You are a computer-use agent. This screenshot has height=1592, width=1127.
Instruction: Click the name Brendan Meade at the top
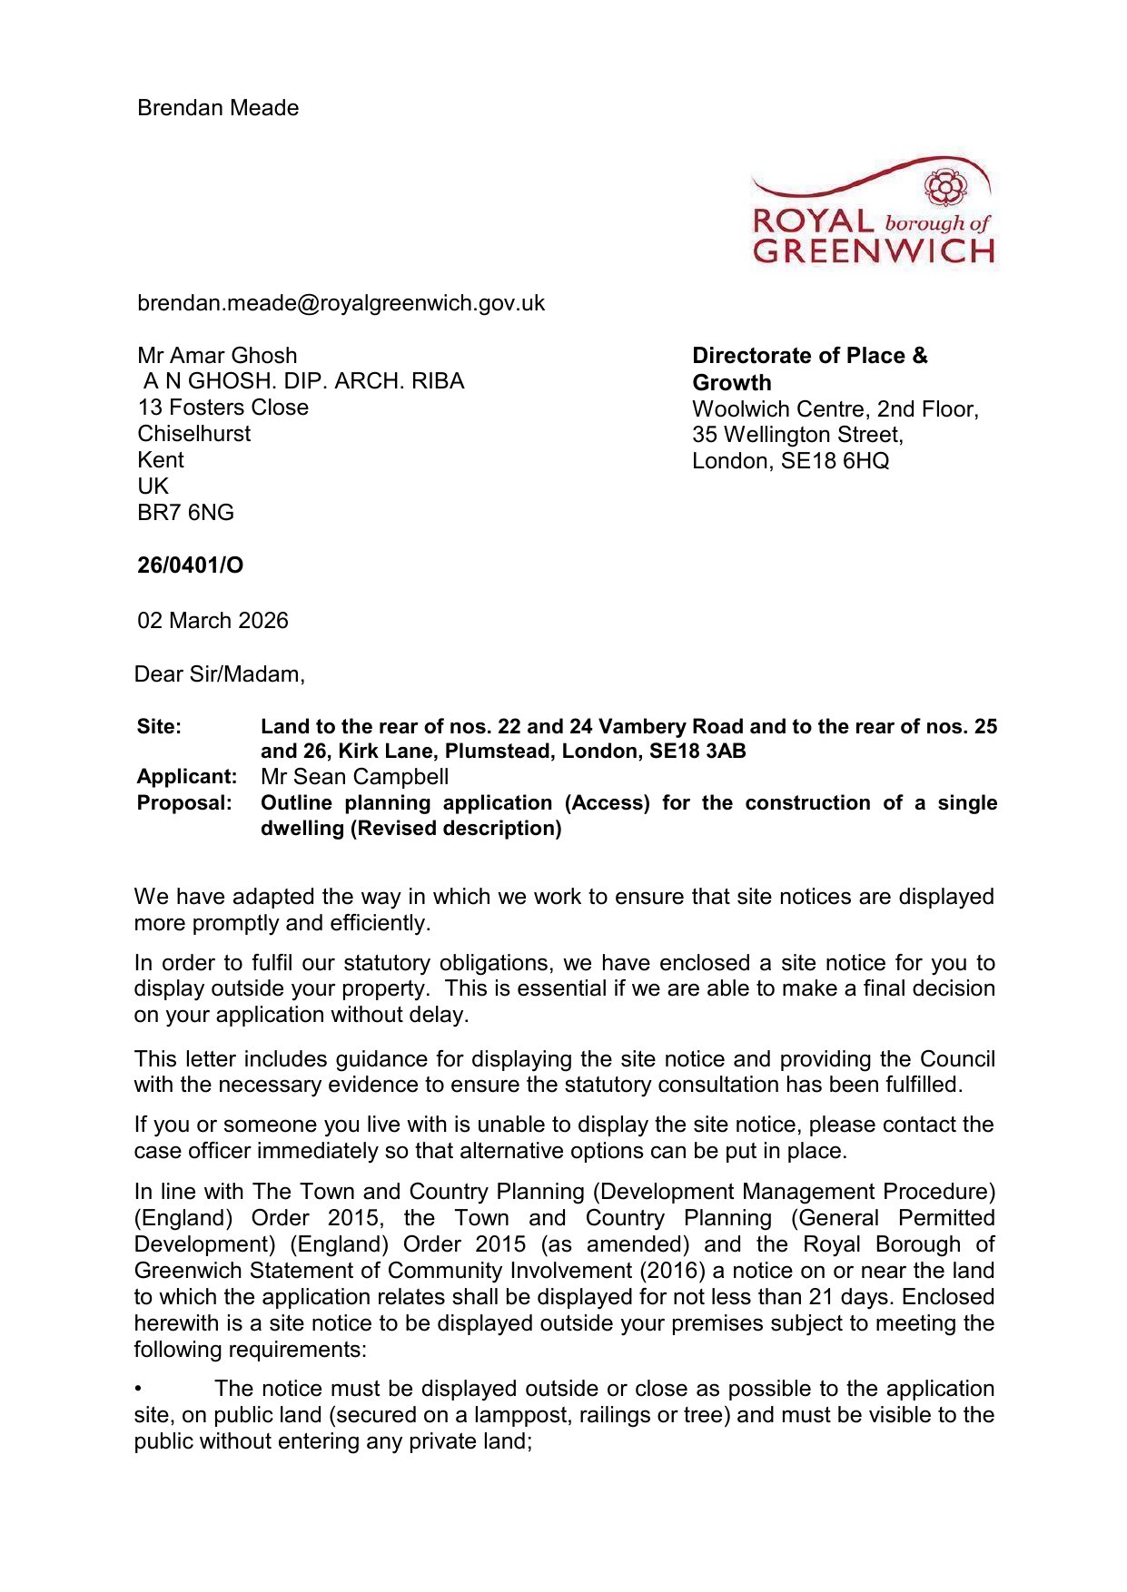[218, 108]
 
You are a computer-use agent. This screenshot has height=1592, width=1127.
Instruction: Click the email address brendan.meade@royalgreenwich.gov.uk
[341, 303]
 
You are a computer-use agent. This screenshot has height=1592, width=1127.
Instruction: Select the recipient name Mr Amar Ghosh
[217, 356]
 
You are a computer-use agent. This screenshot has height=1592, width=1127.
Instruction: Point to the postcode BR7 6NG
[185, 513]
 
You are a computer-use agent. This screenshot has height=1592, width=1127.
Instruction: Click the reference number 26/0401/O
[190, 565]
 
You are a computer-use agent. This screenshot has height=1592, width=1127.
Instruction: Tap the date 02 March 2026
[213, 621]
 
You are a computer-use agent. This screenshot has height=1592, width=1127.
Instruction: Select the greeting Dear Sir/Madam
[219, 674]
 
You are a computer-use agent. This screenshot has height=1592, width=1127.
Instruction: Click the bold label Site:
[159, 727]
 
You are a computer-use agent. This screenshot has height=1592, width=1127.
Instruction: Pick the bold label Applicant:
[186, 777]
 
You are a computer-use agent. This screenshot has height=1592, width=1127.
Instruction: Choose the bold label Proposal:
[184, 803]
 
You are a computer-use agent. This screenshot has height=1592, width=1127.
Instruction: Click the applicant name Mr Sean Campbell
[354, 777]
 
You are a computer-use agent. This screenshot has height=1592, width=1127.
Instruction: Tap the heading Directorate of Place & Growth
[809, 369]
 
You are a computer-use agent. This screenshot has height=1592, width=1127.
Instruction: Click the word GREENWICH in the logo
[874, 251]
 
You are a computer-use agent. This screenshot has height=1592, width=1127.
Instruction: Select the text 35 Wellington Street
[796, 436]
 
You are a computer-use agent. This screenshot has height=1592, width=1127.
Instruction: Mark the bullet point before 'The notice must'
[138, 1390]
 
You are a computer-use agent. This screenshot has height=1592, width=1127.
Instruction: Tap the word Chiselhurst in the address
[193, 434]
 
